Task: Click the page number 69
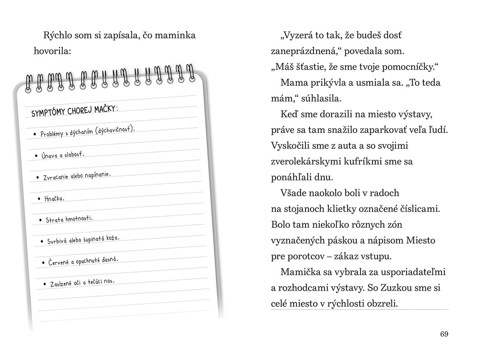point(444,334)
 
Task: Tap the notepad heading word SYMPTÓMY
point(48,112)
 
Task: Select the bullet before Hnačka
point(40,198)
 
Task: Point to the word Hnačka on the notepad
point(54,198)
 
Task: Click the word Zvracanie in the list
point(56,176)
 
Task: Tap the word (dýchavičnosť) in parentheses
point(115,130)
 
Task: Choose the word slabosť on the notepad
point(74,154)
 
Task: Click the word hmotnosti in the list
point(79,218)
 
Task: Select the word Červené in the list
point(59,262)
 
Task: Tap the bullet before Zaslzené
point(45,284)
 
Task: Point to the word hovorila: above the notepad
point(52,51)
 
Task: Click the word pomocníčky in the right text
point(409,67)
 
